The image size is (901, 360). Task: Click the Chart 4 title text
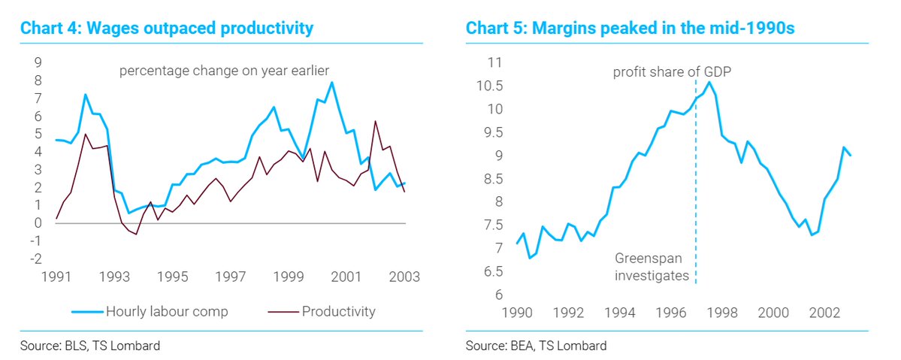[166, 29]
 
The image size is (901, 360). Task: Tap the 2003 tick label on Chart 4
[404, 276]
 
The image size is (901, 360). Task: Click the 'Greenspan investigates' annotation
[652, 267]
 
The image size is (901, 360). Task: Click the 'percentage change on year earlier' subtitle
[225, 71]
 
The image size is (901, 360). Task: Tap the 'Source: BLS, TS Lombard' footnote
[90, 346]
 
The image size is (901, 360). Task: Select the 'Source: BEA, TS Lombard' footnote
[536, 346]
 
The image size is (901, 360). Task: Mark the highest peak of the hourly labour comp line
[331, 83]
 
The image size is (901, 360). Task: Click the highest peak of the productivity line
[374, 121]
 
